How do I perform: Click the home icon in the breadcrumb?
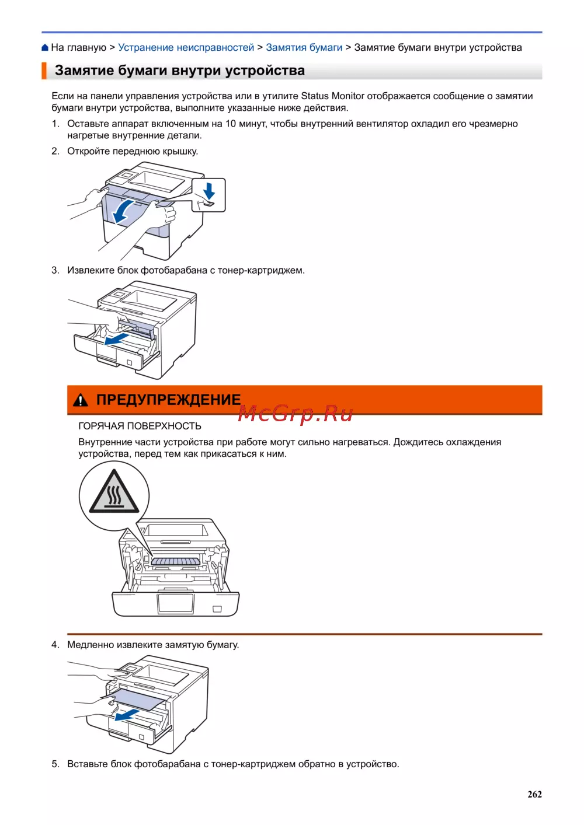(x=45, y=48)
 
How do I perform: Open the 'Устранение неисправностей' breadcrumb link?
(x=186, y=48)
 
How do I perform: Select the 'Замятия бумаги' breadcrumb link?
(x=304, y=48)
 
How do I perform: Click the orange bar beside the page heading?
(x=44, y=71)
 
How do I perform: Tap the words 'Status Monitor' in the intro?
(x=332, y=96)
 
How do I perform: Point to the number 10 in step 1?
(x=230, y=124)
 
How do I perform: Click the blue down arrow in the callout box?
(x=209, y=191)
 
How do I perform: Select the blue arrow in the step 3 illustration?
(x=117, y=338)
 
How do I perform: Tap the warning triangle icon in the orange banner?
(x=80, y=400)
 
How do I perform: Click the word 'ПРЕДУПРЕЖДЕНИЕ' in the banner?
(x=168, y=400)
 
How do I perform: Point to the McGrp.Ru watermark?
(x=296, y=413)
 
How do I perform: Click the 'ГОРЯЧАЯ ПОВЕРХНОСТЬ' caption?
(x=140, y=427)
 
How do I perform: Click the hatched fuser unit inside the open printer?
(x=175, y=561)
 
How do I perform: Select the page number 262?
(x=534, y=794)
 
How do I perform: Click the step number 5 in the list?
(x=55, y=764)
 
